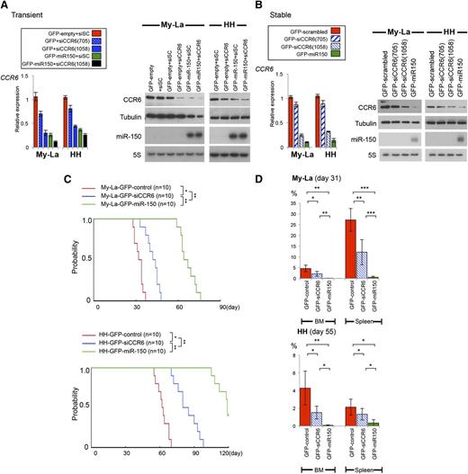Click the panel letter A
click(x=5, y=6)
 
